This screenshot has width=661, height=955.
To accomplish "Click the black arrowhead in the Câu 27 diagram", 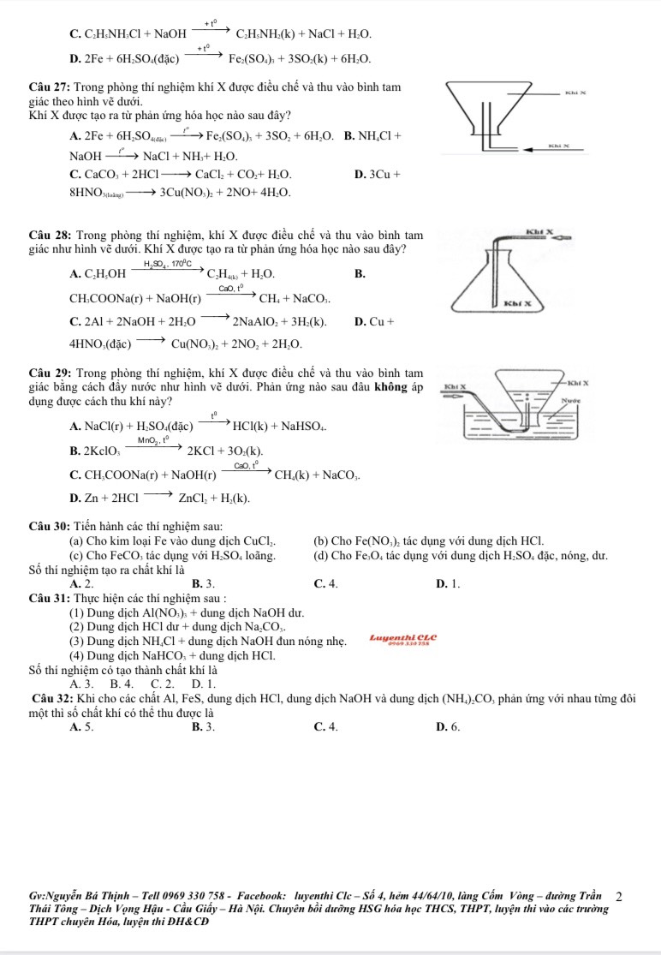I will click(521, 150).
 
